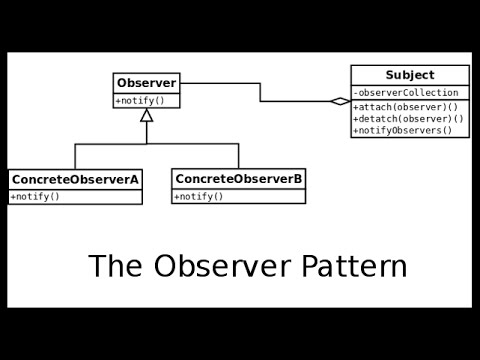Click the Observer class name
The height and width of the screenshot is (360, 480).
(146, 82)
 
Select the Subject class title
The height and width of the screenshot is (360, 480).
(409, 75)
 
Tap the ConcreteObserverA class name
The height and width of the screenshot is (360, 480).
(75, 179)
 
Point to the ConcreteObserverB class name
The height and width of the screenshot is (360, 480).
(239, 179)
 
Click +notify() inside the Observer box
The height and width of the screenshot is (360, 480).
(139, 101)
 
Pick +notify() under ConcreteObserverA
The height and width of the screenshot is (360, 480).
(35, 196)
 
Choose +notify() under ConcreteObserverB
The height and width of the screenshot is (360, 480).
(199, 196)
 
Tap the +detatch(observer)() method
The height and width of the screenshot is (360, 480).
(403, 118)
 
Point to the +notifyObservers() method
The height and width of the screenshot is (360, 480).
(403, 130)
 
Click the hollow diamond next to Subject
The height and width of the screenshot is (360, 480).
(340, 101)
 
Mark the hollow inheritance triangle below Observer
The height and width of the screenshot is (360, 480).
(147, 115)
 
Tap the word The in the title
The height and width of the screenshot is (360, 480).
(112, 267)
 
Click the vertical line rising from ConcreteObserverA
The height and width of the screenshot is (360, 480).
(75, 156)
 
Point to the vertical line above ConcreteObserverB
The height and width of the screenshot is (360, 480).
(239, 156)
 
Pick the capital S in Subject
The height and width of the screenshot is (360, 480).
(389, 75)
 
